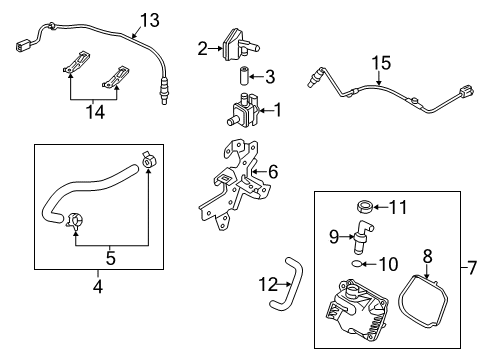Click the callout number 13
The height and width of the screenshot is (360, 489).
click(150, 20)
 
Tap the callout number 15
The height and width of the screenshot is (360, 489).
click(381, 63)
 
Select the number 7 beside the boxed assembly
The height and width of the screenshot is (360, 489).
click(472, 268)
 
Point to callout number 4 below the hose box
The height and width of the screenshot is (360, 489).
click(98, 286)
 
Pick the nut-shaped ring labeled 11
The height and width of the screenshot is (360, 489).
click(365, 206)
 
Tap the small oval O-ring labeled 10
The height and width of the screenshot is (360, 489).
click(356, 264)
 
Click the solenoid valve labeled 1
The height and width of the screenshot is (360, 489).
click(243, 110)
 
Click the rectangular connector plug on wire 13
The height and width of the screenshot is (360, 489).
click(23, 46)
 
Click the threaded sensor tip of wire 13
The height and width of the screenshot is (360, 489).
click(163, 92)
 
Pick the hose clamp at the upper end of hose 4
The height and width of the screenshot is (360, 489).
click(149, 160)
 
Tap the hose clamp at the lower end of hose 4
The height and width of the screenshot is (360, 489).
click(75, 222)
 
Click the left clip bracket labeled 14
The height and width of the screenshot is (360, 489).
click(76, 62)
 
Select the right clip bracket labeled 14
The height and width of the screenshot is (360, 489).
click(115, 78)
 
